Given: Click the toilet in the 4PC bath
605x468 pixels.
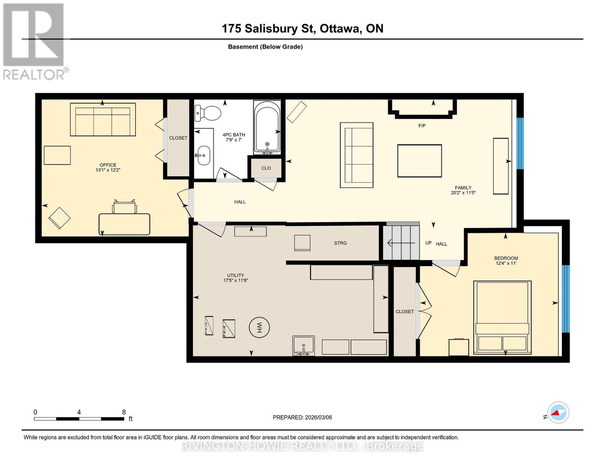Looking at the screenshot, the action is tap(207, 113).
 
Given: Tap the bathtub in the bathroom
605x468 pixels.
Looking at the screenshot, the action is tap(267, 127).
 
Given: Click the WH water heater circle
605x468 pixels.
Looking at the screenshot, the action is tap(259, 327).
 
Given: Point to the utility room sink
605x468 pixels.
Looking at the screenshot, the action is tap(303, 346).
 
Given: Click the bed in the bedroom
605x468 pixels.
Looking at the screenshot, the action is tap(502, 317).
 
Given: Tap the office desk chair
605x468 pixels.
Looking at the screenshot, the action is tap(124, 207).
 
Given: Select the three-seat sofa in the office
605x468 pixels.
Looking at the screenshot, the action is tap(103, 119).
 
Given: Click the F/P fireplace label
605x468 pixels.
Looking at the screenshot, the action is tap(422, 126).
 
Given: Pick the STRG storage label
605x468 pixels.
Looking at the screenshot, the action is tap(340, 243).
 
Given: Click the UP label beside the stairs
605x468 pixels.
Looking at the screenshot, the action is tap(428, 243).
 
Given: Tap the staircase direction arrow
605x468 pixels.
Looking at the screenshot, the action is tap(401, 243).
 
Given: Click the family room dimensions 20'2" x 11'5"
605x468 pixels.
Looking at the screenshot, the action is tap(463, 193).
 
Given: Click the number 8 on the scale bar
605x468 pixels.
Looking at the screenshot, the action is tap(124, 412).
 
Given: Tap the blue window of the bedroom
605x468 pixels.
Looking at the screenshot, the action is tap(566, 299).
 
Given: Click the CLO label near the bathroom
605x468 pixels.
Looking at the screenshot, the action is tap(266, 168).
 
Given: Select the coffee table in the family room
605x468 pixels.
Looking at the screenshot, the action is tap(419, 161).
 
